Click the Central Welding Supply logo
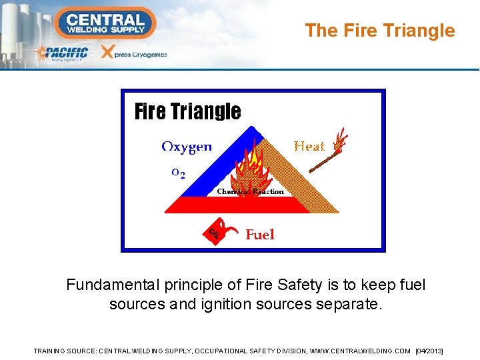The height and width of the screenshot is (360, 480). (105, 22)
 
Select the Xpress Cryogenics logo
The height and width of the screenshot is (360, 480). (134, 53)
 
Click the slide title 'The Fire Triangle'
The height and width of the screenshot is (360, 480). (379, 31)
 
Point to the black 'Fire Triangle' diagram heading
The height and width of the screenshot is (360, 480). (187, 111)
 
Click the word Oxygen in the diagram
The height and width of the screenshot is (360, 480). (187, 146)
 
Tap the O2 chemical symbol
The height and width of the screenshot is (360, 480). (178, 173)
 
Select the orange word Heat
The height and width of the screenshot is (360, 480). (309, 146)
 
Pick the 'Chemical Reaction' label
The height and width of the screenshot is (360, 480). (250, 191)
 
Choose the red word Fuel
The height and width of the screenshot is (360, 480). (260, 234)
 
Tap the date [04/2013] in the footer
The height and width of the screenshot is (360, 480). (429, 351)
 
